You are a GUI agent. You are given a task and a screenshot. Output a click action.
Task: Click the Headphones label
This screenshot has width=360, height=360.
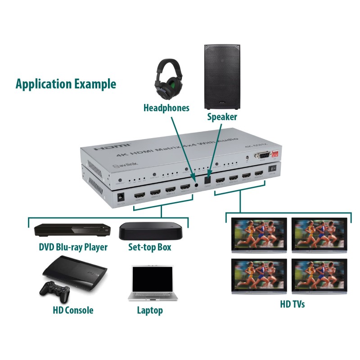pyautogui.click(x=166, y=108)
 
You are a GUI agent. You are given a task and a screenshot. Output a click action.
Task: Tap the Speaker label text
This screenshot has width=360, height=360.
pyautogui.click(x=222, y=117)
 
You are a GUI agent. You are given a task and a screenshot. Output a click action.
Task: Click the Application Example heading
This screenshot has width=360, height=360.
pyautogui.click(x=66, y=84)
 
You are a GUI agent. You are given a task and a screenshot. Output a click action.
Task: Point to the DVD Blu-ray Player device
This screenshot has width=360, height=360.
pyautogui.click(x=72, y=230)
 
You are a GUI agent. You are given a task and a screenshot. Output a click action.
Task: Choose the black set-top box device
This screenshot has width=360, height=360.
pyautogui.click(x=151, y=230)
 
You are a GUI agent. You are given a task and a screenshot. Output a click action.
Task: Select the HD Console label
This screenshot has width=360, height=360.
pyautogui.click(x=72, y=310)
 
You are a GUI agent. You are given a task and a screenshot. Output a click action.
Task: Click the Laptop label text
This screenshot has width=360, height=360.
pyautogui.click(x=150, y=310)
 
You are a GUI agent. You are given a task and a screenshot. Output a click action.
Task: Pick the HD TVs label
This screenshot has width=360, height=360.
pyautogui.click(x=292, y=305)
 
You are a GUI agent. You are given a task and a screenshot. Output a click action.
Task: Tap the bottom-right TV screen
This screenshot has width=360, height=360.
pyautogui.click(x=320, y=275)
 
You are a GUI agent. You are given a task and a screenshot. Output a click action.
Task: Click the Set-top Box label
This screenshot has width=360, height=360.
pyautogui.click(x=150, y=247)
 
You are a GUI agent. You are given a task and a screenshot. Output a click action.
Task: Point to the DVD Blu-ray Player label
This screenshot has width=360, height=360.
pyautogui.click(x=73, y=247)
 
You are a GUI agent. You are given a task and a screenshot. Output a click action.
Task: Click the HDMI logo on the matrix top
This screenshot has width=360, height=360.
pyautogui.click(x=112, y=147)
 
